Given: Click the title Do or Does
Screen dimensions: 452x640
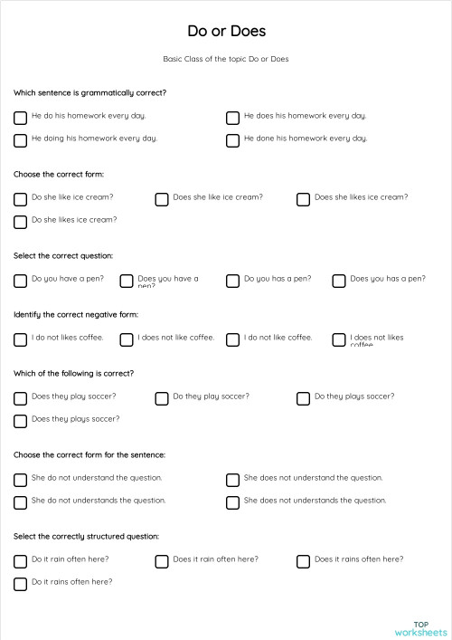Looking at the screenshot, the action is point(226,31).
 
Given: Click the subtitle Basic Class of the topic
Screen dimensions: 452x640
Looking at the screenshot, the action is point(226,59).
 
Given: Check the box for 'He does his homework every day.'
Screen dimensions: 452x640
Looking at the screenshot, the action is point(232,118).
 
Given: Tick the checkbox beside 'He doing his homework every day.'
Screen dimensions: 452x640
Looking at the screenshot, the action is point(20,140).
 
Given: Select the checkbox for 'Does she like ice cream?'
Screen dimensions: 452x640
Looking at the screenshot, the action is point(162,199).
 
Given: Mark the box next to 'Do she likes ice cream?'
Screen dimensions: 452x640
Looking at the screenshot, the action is point(20,222).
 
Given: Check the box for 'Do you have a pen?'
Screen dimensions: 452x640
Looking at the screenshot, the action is point(20,281).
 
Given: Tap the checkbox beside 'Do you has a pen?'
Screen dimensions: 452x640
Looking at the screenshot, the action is point(232,281).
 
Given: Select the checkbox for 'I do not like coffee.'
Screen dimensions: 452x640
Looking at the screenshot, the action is point(232,339).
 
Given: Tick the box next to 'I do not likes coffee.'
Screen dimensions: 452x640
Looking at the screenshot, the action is point(20,339).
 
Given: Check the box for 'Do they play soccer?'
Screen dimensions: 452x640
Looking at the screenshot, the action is point(162,398).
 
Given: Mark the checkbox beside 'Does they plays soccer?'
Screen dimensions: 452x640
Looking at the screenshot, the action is point(20,421).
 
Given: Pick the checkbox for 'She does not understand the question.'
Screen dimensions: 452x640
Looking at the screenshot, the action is point(232,480).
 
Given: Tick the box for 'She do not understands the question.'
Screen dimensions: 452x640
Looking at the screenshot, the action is point(20,502).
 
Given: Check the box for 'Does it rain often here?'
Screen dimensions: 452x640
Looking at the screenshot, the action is point(162,561).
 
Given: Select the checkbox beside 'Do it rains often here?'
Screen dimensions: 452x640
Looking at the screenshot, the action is point(20,584).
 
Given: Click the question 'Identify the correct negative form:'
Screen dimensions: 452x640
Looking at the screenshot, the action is point(76,314).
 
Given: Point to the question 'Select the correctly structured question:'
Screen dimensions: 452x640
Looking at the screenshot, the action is point(86,536).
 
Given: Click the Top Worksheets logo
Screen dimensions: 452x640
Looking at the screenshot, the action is point(420,627).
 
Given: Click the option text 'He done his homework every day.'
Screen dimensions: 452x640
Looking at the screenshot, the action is point(306,139).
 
